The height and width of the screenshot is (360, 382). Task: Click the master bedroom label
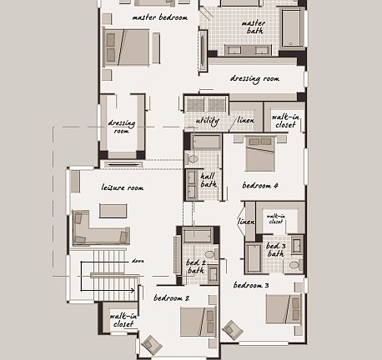coord(160,17)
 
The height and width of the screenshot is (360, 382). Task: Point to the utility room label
coord(207,122)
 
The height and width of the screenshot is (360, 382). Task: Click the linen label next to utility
coord(245,122)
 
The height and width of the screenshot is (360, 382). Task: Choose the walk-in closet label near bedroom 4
coord(286,122)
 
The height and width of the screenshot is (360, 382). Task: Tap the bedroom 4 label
coord(260,185)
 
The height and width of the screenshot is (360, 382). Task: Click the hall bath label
coord(209,179)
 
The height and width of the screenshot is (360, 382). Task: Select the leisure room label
coord(123,188)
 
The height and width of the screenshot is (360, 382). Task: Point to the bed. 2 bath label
coord(195,266)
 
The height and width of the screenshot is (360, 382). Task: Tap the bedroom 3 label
coord(251,285)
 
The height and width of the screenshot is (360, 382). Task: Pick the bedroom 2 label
coord(171,297)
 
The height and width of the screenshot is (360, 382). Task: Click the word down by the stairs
coord(138,261)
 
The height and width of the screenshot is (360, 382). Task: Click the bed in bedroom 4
coord(263,154)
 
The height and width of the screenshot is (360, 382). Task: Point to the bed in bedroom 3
coord(284,310)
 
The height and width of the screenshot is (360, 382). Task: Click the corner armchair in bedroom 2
coord(152,344)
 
